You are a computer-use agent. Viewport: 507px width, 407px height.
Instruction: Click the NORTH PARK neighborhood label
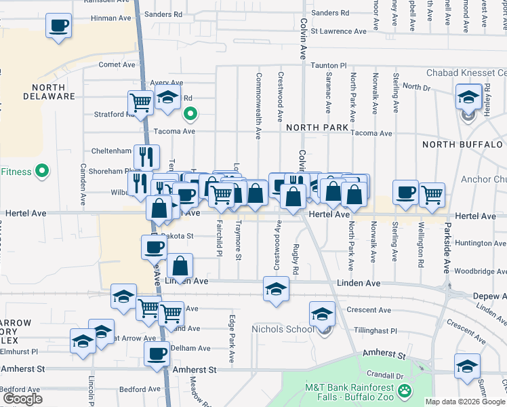click(x=317, y=128)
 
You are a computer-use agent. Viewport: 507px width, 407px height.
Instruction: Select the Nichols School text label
click(x=280, y=330)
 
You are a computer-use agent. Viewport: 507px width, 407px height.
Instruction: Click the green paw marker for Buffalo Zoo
click(x=405, y=390)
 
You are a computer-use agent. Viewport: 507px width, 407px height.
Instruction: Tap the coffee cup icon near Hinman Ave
click(x=58, y=26)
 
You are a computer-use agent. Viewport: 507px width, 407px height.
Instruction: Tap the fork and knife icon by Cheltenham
click(x=146, y=157)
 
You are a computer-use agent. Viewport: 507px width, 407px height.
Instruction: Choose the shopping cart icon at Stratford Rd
click(x=140, y=102)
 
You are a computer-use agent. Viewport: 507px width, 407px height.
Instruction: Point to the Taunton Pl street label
click(x=329, y=65)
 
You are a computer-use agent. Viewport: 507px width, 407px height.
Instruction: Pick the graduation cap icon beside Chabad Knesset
click(x=468, y=96)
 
